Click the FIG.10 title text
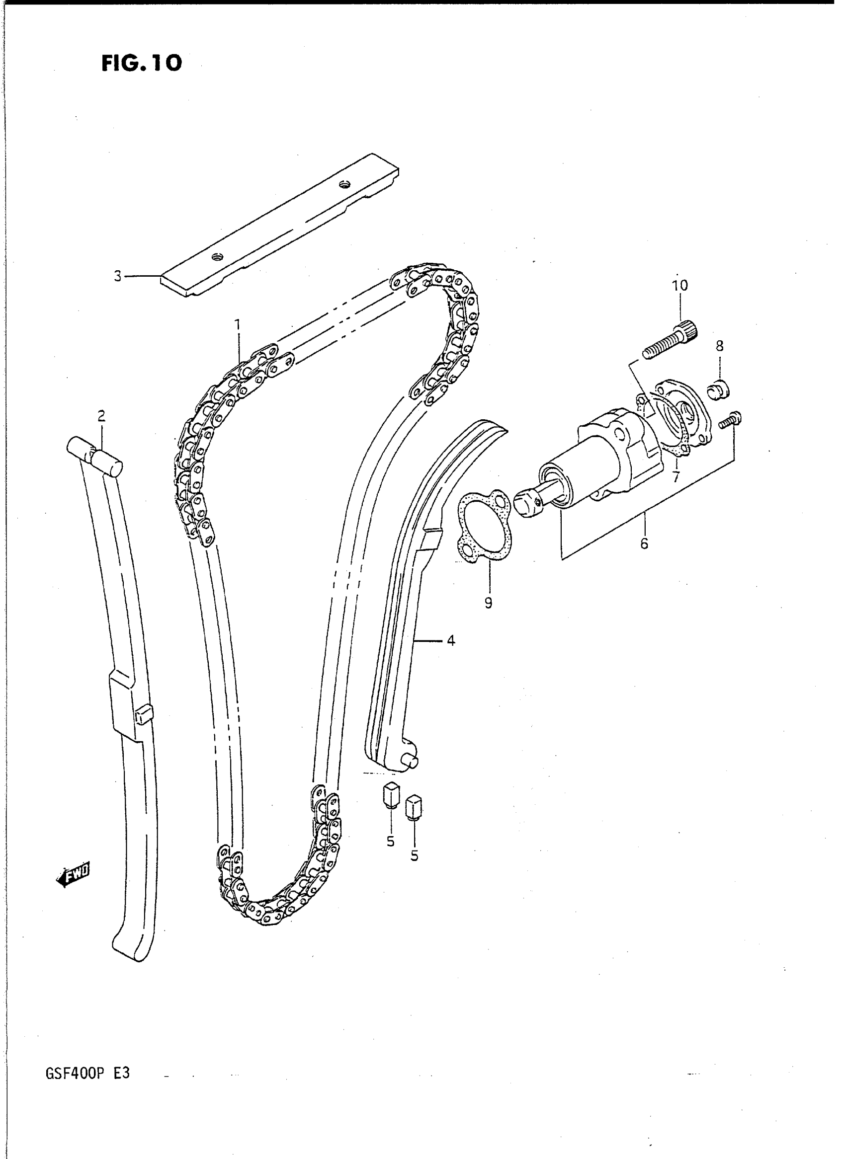tap(142, 63)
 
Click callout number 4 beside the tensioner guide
tap(451, 639)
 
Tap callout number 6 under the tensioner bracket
tap(644, 543)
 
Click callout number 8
tap(719, 346)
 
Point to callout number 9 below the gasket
tap(489, 603)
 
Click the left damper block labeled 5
tap(391, 805)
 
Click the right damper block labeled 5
tap(415, 818)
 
